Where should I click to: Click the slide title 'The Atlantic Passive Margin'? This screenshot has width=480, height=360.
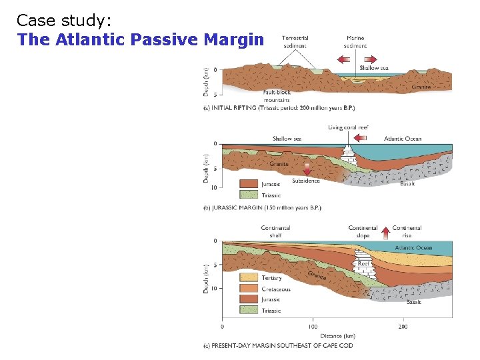point(141,39)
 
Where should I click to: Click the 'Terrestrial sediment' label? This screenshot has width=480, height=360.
point(295,41)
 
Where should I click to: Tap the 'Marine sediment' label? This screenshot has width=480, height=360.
point(355,41)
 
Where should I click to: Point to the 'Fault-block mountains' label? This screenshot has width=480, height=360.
point(276,97)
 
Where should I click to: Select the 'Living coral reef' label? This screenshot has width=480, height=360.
point(348,127)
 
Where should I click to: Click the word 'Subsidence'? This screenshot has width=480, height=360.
point(305,181)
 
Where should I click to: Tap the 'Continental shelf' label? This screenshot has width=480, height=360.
point(275,231)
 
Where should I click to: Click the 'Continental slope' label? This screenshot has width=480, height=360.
point(363,231)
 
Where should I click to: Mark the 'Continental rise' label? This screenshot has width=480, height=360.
point(407,231)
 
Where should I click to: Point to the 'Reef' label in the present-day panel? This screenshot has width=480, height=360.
point(363,264)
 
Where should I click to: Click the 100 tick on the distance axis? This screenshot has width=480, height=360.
point(312,327)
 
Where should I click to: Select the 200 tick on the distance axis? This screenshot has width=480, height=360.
point(403,327)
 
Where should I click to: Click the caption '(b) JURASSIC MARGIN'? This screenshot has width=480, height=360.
point(261,207)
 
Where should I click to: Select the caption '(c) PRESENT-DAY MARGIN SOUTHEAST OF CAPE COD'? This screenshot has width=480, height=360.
point(277,345)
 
